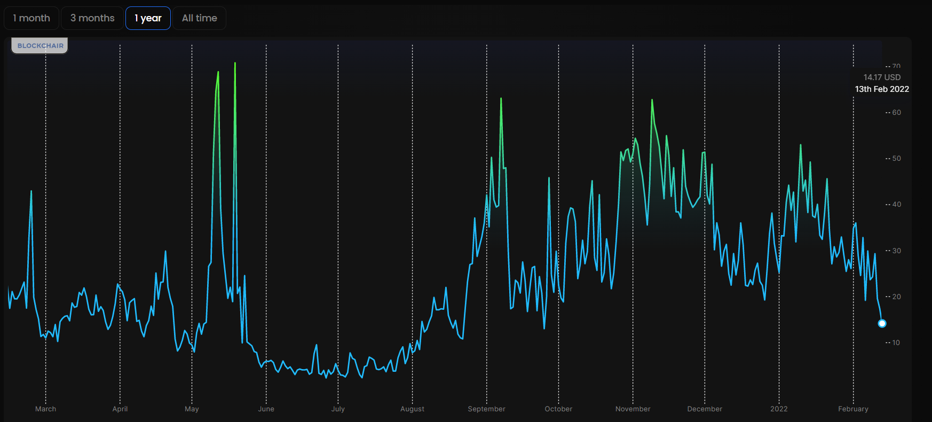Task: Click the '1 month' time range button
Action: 31,18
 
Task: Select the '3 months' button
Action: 92,18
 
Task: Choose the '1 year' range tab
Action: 148,18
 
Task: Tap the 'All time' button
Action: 199,18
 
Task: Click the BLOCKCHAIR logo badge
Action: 40,46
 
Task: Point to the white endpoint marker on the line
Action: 882,323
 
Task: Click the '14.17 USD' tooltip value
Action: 882,77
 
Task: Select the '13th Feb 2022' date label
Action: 882,89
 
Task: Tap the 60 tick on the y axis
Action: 896,113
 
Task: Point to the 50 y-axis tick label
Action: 896,159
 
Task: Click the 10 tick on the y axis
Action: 896,343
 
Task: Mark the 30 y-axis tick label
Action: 896,251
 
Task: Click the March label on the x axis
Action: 45,409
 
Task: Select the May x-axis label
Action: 192,409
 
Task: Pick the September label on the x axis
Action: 486,409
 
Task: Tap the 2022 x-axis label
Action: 779,409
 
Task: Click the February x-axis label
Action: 853,409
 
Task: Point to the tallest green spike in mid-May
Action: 235,64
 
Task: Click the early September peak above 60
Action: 501,99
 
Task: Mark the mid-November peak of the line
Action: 652,100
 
